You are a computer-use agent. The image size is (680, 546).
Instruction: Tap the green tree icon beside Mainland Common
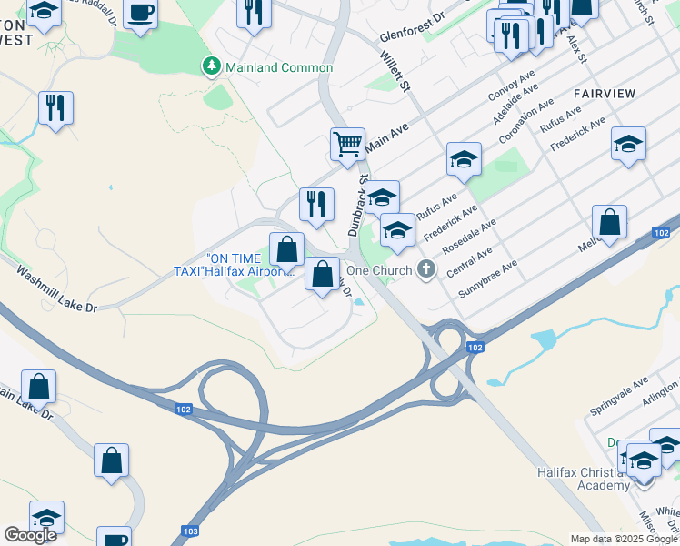coord(211,66)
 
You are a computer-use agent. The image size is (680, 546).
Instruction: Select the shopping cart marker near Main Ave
coord(347,145)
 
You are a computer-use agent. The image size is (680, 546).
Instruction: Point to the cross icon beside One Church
coord(424,269)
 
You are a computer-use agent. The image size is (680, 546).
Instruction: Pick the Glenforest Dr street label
coord(412,28)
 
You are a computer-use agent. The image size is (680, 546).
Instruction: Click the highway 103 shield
coord(190,531)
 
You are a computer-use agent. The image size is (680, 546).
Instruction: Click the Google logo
coord(30,535)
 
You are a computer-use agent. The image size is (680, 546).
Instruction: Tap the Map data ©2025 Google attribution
coord(623,539)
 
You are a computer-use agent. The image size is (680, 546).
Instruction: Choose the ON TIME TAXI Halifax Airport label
coord(235,264)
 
